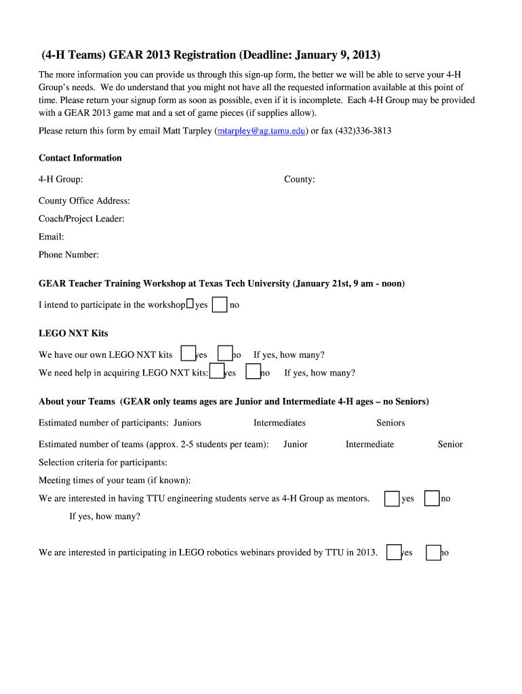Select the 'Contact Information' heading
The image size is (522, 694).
click(x=80, y=158)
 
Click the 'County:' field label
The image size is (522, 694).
click(x=299, y=180)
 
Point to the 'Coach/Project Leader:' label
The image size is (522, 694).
click(x=81, y=219)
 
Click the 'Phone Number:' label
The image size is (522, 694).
click(x=68, y=255)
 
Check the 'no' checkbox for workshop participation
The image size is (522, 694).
click(x=220, y=304)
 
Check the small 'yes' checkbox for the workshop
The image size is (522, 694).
click(x=190, y=304)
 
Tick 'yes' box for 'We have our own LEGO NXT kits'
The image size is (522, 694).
click(x=188, y=353)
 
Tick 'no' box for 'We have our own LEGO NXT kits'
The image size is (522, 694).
click(x=225, y=353)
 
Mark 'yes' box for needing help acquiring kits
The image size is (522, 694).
click(x=217, y=371)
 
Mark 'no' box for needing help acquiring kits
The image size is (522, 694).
click(x=254, y=371)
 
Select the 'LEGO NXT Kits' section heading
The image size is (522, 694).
click(x=73, y=333)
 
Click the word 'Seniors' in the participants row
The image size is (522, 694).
click(x=390, y=423)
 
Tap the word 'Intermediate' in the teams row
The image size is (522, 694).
click(x=369, y=445)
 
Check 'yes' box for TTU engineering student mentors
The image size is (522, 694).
click(x=392, y=499)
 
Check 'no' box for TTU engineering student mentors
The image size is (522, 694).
click(x=432, y=499)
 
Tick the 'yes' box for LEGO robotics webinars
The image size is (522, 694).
click(x=394, y=552)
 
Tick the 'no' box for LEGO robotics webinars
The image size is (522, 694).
click(x=433, y=553)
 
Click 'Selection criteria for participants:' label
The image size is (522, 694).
click(x=103, y=462)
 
